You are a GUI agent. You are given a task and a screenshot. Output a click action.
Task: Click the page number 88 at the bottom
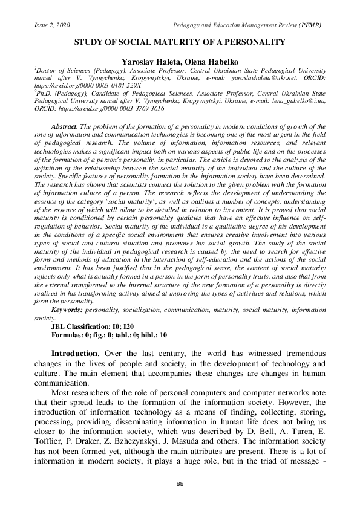point(180,485)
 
